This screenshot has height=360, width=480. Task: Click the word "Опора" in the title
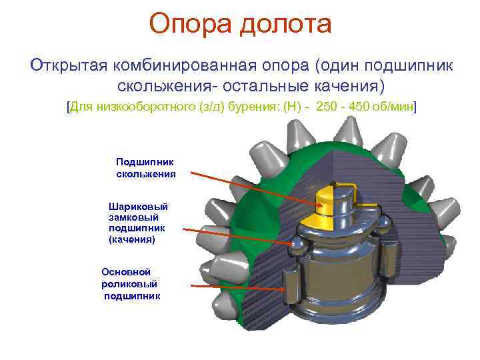(190, 24)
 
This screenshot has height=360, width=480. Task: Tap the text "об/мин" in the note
(397, 107)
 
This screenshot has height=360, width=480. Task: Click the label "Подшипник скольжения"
(145, 168)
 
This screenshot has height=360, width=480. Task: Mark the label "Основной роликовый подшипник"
(131, 283)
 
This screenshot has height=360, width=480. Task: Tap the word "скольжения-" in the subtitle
(174, 87)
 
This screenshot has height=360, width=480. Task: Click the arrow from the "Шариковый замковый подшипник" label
(237, 236)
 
